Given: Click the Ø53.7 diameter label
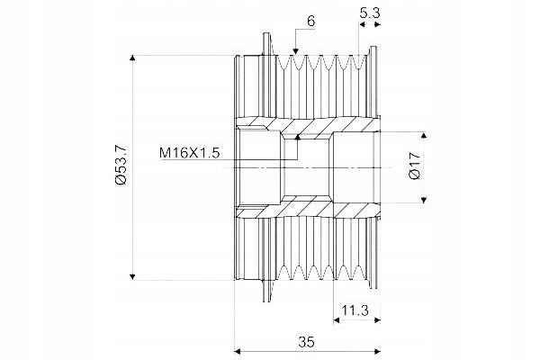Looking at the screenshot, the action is click(x=121, y=166).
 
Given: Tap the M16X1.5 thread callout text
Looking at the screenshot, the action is click(x=189, y=153).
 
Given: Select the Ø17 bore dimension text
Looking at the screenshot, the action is click(x=415, y=166).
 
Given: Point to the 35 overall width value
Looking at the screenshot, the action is click(x=307, y=342).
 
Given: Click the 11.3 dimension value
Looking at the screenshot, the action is click(x=355, y=310).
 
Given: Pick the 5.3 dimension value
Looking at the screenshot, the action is click(x=370, y=13).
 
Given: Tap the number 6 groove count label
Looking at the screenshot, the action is click(x=310, y=22).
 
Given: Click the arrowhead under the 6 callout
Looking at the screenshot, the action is click(x=295, y=51).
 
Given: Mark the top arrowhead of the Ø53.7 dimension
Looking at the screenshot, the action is click(x=132, y=58).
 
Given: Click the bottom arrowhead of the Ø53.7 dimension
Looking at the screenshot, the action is click(x=132, y=276).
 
